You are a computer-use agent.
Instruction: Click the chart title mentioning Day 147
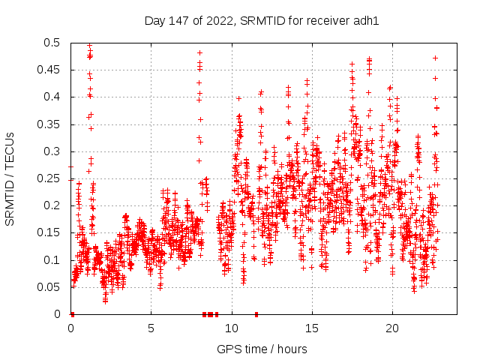tap(261, 21)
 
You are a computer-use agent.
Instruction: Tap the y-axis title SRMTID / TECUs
tap(10, 178)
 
